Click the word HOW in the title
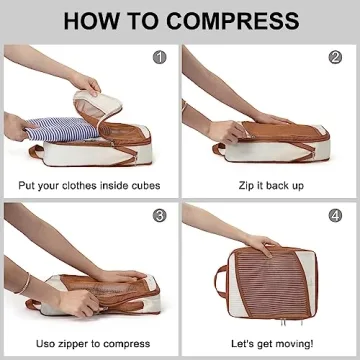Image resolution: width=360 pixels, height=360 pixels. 95,20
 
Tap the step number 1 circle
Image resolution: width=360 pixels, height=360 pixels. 158,57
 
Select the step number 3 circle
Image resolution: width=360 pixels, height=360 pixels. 158,215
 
